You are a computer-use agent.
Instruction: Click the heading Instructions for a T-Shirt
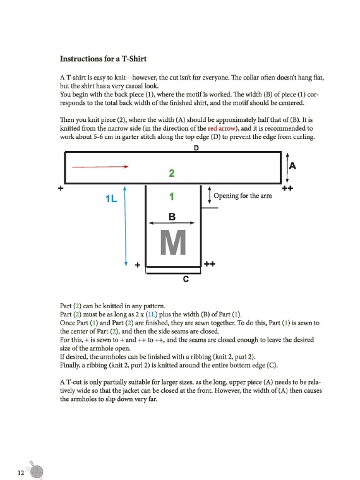click(103, 59)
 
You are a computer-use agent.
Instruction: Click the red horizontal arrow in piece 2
click(100, 167)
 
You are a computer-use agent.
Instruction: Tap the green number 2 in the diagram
click(171, 173)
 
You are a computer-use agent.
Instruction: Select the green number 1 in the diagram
click(172, 196)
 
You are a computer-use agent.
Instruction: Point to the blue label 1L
click(111, 199)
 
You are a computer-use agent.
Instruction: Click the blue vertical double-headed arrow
click(125, 226)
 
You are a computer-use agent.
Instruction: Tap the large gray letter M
click(173, 243)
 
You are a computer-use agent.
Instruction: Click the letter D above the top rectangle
click(196, 148)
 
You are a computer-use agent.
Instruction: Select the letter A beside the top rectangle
click(292, 166)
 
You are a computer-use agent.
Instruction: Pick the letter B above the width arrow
click(172, 217)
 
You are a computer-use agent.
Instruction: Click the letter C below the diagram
click(186, 279)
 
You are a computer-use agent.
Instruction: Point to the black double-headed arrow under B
click(172, 223)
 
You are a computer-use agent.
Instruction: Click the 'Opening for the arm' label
click(243, 196)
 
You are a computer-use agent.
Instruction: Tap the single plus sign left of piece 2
click(61, 188)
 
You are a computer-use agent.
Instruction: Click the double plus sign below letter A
click(287, 188)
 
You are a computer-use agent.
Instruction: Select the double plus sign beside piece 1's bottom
click(210, 263)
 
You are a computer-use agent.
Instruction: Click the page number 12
click(21, 472)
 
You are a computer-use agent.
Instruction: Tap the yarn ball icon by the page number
click(36, 471)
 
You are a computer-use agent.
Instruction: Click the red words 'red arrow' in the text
click(221, 128)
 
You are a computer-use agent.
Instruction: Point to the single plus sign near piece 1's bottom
click(138, 265)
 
